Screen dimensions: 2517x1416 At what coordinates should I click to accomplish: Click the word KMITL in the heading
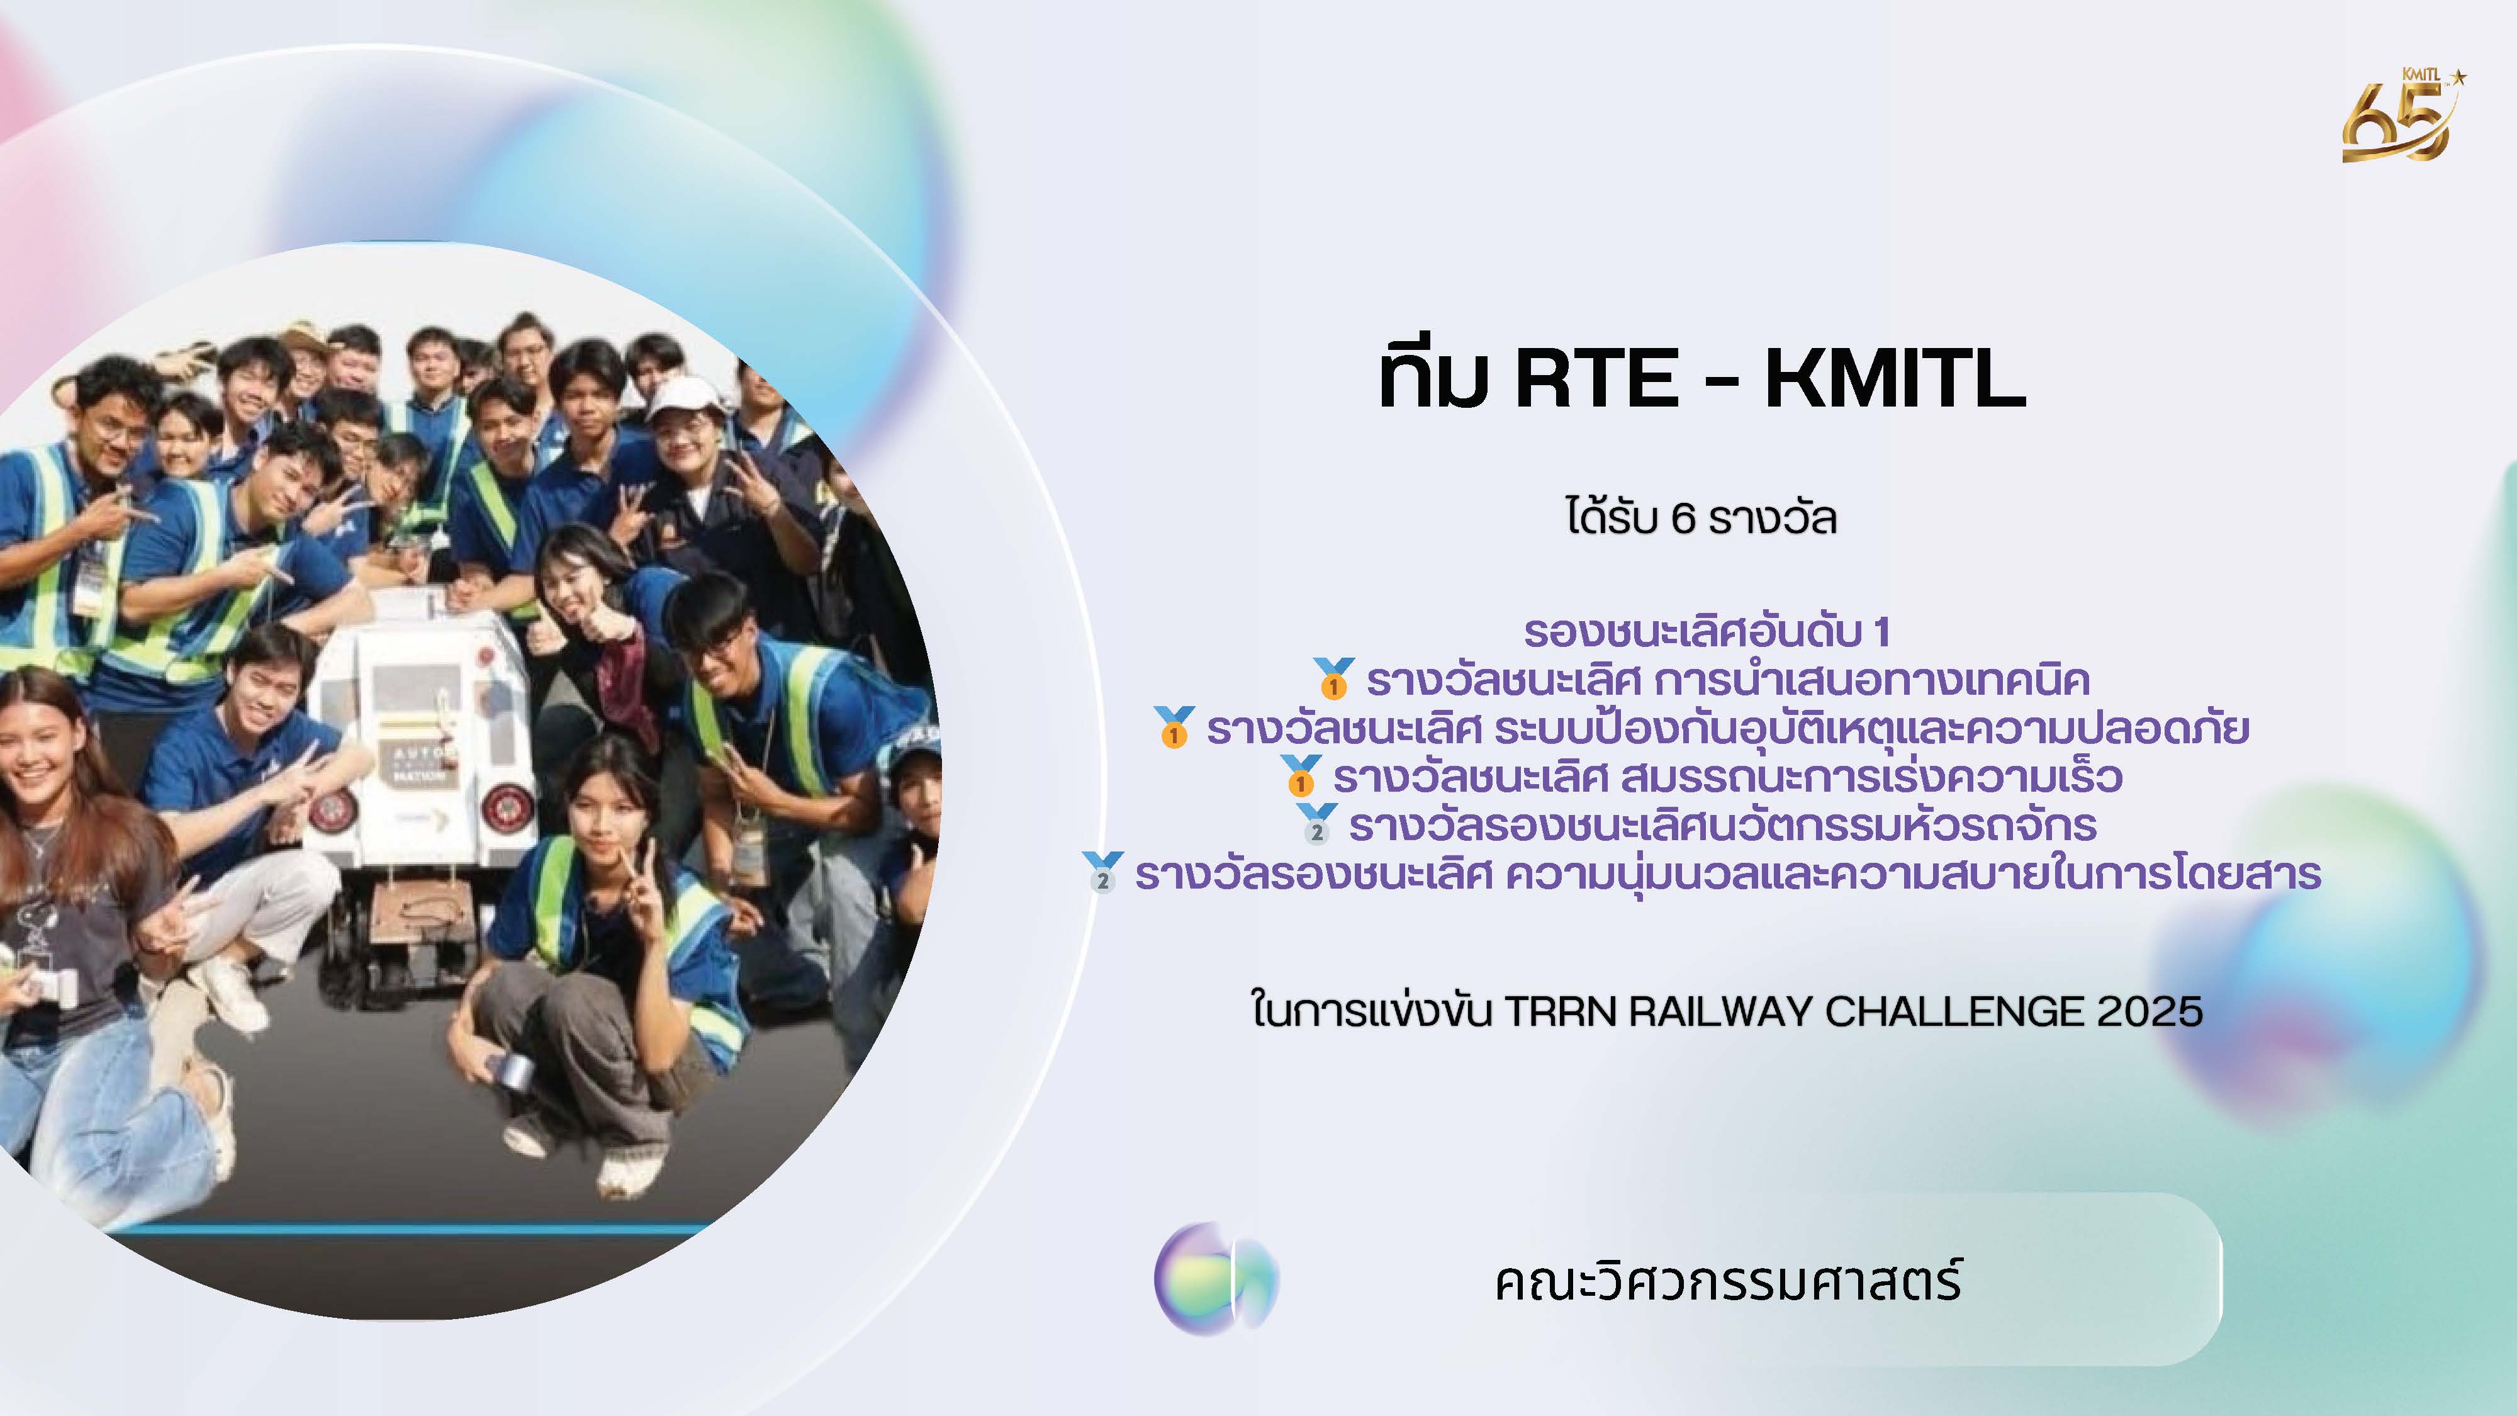(1895, 378)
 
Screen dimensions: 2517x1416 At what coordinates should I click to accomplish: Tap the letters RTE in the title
(1596, 378)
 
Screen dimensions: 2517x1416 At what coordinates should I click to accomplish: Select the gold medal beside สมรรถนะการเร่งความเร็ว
(1301, 776)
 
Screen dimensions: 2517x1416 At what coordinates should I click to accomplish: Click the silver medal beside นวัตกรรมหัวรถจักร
(1316, 824)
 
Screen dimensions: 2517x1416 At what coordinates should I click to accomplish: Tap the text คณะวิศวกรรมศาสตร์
(1727, 1281)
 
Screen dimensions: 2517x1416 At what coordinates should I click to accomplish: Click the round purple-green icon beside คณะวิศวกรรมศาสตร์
(1216, 1279)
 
